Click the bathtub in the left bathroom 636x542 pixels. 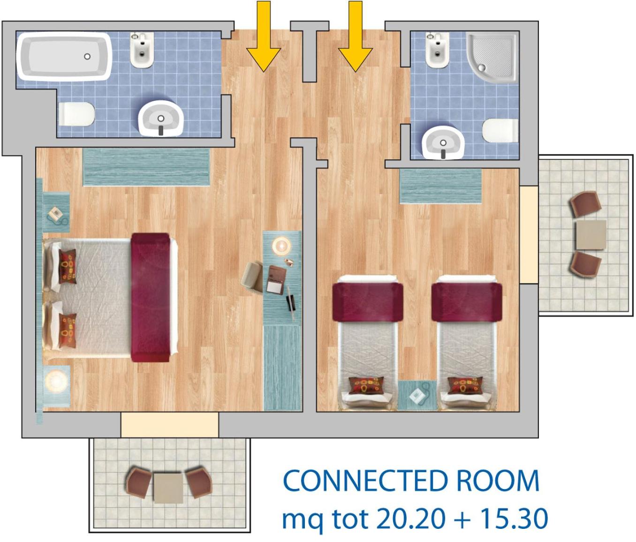[64, 57]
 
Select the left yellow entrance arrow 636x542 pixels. [264, 36]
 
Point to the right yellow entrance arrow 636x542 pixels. [356, 36]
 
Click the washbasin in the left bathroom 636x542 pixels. [160, 119]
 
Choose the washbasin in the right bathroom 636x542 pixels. [443, 143]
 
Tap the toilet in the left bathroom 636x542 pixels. [76, 114]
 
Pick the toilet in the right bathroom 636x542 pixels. [500, 130]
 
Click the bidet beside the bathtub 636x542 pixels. [142, 50]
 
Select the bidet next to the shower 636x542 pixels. [437, 50]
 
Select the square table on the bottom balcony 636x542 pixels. [168, 488]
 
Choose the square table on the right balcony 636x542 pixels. [591, 235]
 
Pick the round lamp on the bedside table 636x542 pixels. [56, 382]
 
